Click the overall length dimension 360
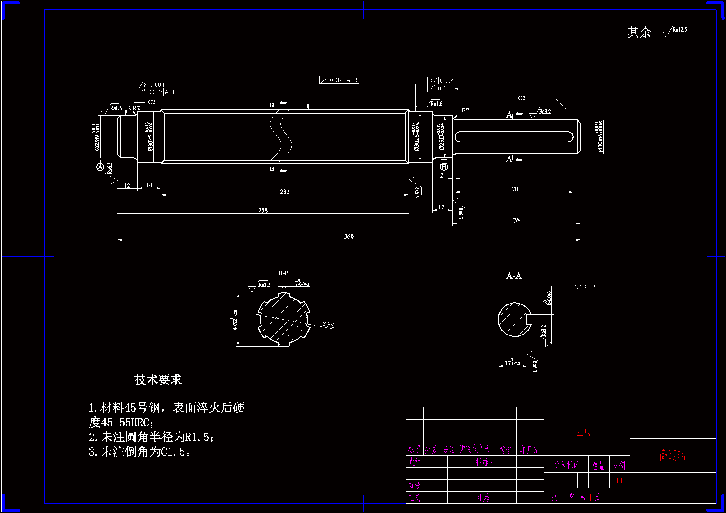(x=349, y=236)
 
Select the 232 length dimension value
(x=284, y=191)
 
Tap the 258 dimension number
(x=263, y=210)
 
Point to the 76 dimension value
(x=516, y=220)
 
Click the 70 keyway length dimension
(x=515, y=189)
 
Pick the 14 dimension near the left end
(x=149, y=185)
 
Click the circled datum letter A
(x=100, y=167)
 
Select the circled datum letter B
(x=444, y=167)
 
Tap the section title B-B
(x=283, y=273)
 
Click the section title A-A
(x=514, y=276)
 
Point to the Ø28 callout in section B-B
(x=329, y=325)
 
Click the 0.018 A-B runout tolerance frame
(x=339, y=80)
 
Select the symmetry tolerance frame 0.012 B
(x=579, y=287)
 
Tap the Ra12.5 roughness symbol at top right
(x=675, y=31)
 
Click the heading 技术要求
(x=158, y=380)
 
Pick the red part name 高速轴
(x=673, y=455)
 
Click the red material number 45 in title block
(x=583, y=434)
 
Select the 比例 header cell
(x=619, y=466)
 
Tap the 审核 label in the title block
(x=414, y=485)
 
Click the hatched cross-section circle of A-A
(x=513, y=320)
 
